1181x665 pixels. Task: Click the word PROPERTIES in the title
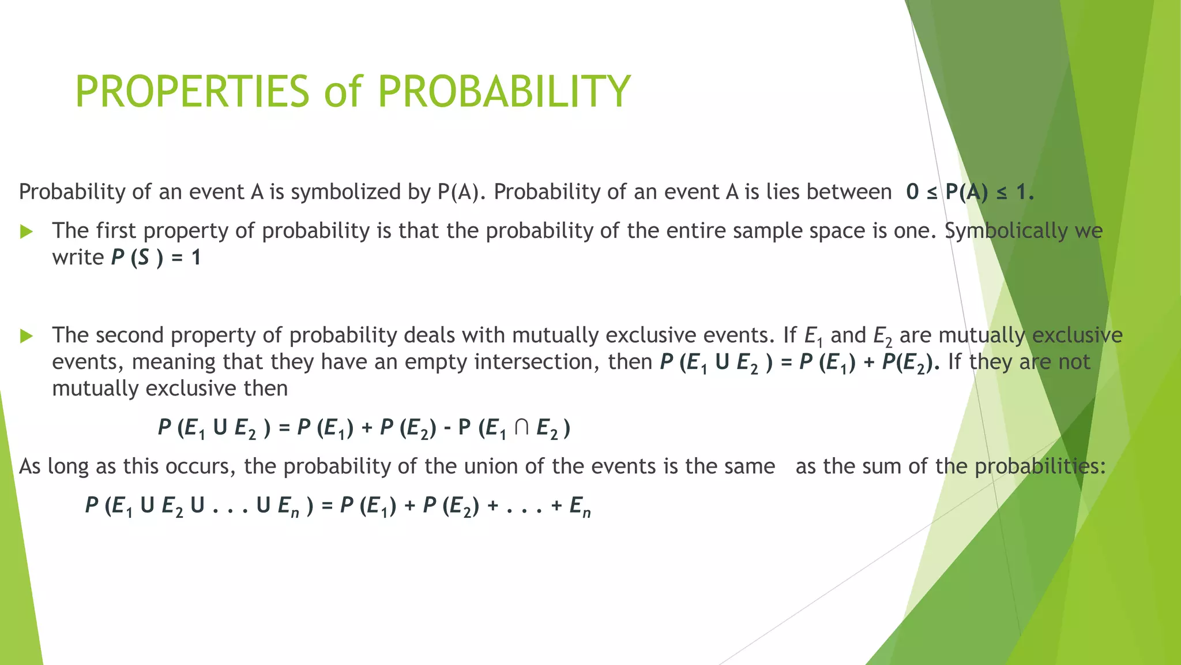193,92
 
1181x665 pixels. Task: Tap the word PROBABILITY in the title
504,92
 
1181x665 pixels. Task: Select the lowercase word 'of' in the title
343,92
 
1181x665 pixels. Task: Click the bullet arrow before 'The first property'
27,232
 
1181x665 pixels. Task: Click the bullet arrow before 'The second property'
27,336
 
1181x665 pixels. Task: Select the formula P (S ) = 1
156,257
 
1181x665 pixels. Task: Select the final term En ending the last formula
580,506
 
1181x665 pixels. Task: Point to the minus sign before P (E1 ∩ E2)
447,429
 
